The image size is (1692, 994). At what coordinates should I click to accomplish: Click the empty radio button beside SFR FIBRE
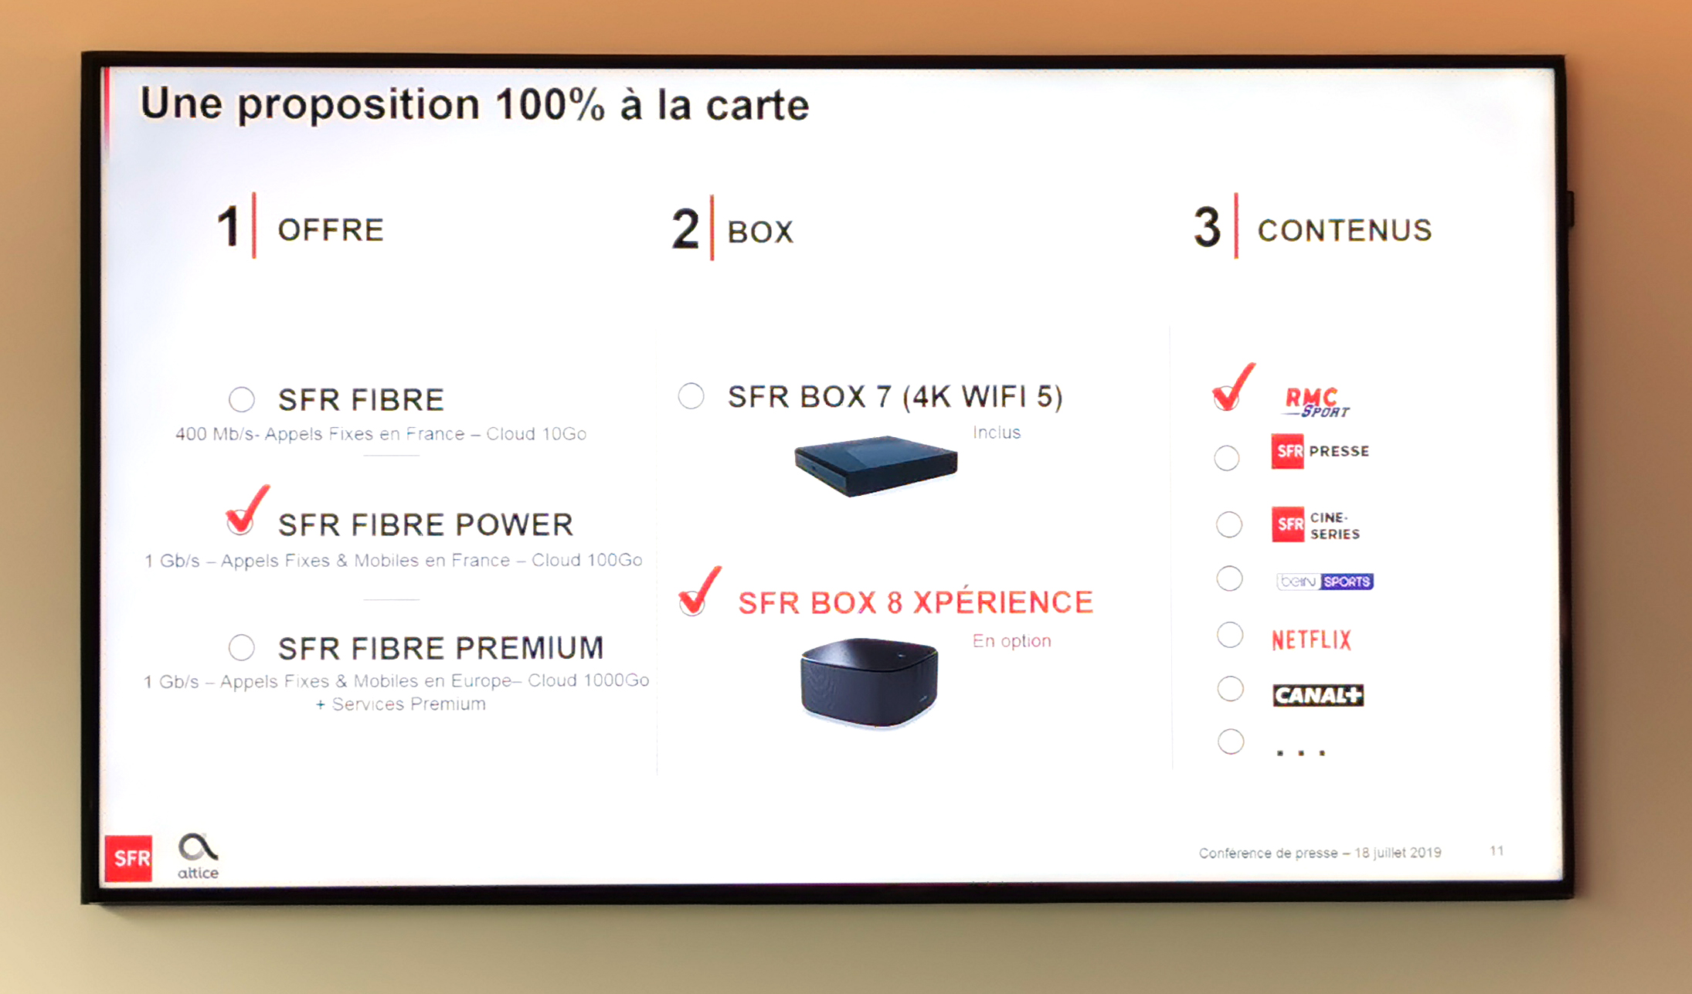[242, 399]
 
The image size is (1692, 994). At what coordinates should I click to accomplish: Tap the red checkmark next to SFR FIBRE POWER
[246, 511]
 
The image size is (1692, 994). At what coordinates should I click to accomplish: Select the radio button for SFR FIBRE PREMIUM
[242, 647]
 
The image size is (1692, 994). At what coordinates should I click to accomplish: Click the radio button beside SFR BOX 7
[691, 396]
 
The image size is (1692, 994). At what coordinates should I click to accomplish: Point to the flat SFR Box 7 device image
[876, 465]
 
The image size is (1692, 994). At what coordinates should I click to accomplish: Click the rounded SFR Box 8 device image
[869, 682]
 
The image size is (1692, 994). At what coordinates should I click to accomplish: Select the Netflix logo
[1311, 639]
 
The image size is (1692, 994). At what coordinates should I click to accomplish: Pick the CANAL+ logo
[1318, 695]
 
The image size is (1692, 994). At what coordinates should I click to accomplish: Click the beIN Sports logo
[1325, 581]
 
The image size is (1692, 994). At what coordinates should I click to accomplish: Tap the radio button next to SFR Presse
[1227, 458]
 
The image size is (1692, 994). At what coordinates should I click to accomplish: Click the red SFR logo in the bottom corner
[129, 857]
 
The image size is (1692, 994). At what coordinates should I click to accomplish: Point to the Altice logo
[198, 856]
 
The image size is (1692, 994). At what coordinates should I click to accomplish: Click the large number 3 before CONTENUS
[1207, 228]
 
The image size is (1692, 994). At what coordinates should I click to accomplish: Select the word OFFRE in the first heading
[331, 230]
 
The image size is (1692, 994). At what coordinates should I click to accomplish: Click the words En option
[1012, 641]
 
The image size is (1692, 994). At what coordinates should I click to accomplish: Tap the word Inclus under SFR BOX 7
[997, 433]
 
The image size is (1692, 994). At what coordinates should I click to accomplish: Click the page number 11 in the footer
[1497, 850]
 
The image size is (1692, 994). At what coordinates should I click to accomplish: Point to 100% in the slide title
[550, 104]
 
